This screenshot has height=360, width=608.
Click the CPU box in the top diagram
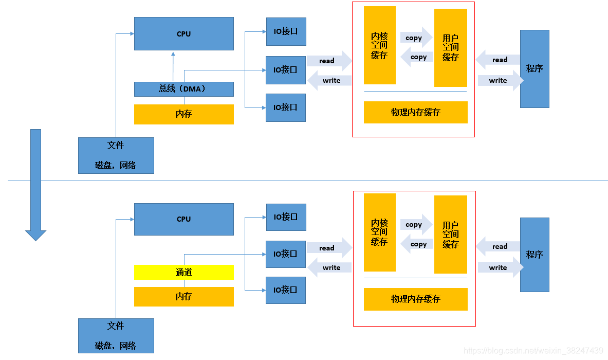(x=183, y=34)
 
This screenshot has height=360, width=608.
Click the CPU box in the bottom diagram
(x=183, y=219)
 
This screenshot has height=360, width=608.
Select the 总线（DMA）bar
(x=183, y=89)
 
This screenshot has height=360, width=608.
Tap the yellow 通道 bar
(x=183, y=273)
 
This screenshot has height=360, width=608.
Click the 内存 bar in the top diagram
(x=183, y=114)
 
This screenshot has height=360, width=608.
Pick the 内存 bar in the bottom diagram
(x=183, y=297)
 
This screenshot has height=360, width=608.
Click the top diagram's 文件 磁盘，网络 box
(x=116, y=155)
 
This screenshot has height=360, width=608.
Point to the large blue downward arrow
(x=35, y=185)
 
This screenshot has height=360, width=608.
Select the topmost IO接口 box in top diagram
(x=286, y=31)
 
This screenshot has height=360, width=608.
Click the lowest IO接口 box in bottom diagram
(x=286, y=290)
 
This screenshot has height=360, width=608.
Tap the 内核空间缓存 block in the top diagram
(x=379, y=45)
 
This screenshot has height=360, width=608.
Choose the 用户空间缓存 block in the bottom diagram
(x=450, y=235)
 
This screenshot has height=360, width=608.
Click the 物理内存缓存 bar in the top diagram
(x=415, y=112)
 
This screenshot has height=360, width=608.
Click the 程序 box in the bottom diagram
(x=535, y=255)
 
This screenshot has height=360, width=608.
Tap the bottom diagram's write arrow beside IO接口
(x=329, y=267)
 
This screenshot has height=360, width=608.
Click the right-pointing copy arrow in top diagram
(x=415, y=38)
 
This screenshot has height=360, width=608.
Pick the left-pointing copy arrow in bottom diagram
(x=416, y=244)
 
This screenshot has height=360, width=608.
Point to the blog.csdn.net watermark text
(x=533, y=351)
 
